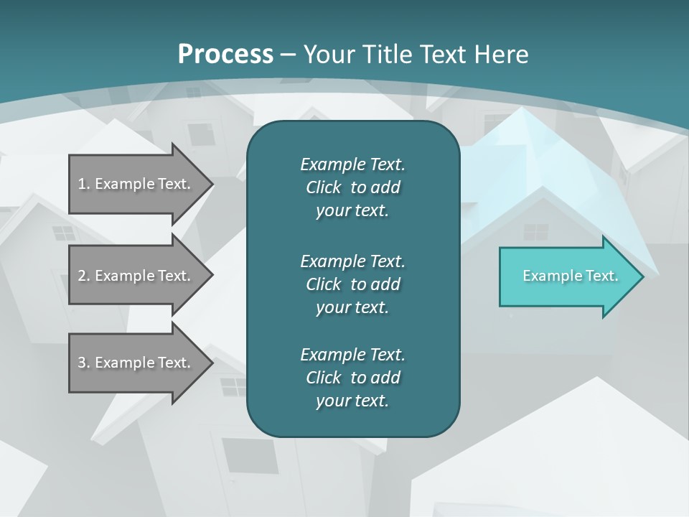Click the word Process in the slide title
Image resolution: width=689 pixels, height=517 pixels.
tap(225, 55)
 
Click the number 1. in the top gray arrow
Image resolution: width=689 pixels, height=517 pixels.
tap(84, 184)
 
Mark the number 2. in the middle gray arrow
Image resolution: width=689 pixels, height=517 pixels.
tap(84, 276)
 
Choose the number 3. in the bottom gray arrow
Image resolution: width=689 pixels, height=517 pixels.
tap(84, 363)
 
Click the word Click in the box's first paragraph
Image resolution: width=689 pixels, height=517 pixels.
tap(324, 187)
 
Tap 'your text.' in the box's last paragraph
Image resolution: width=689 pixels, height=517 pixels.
tap(352, 401)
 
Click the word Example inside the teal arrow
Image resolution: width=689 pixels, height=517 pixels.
tap(548, 276)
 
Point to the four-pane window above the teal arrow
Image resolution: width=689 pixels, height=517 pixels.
tap(535, 232)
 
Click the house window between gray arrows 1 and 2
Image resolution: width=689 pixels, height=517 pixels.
tap(63, 233)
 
